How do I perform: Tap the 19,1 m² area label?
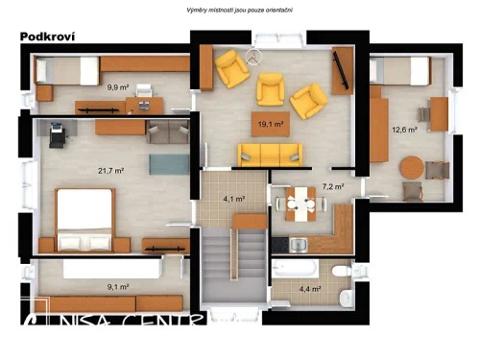click(270, 124)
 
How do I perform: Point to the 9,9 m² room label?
click(118, 86)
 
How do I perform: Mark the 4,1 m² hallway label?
click(233, 200)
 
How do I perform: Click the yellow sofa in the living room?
click(270, 154)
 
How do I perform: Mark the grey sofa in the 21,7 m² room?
click(168, 132)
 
